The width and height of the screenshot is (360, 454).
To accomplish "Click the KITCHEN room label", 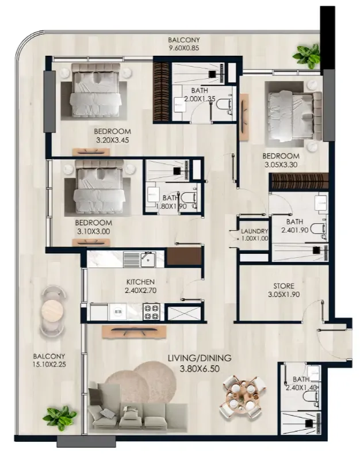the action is point(140,282).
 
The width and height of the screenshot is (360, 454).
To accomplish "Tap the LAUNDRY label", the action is point(255,231).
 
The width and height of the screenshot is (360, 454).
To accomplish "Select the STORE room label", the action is point(284,286).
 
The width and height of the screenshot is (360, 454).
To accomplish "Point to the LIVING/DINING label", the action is point(200,358).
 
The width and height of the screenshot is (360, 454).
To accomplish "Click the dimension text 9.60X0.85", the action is point(184,48).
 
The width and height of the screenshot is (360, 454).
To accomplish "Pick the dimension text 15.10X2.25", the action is point(49,364).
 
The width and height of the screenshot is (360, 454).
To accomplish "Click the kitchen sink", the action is point(148,260).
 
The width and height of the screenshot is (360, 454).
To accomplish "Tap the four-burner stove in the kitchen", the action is point(151,312).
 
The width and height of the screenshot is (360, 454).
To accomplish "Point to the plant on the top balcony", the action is point(307,56).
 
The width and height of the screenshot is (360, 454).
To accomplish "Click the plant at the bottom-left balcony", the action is point(60,418).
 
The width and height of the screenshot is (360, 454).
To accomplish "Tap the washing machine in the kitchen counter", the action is point(117,312).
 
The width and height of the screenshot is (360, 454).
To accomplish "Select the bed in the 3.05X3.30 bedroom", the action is point(294,115).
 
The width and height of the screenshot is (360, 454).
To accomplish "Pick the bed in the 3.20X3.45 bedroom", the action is point(95,90).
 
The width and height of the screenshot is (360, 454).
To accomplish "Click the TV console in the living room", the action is point(134,331).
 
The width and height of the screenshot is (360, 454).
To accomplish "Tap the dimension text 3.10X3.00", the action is point(94,232).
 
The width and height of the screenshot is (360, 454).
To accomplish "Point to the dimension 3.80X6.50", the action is point(200,369).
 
